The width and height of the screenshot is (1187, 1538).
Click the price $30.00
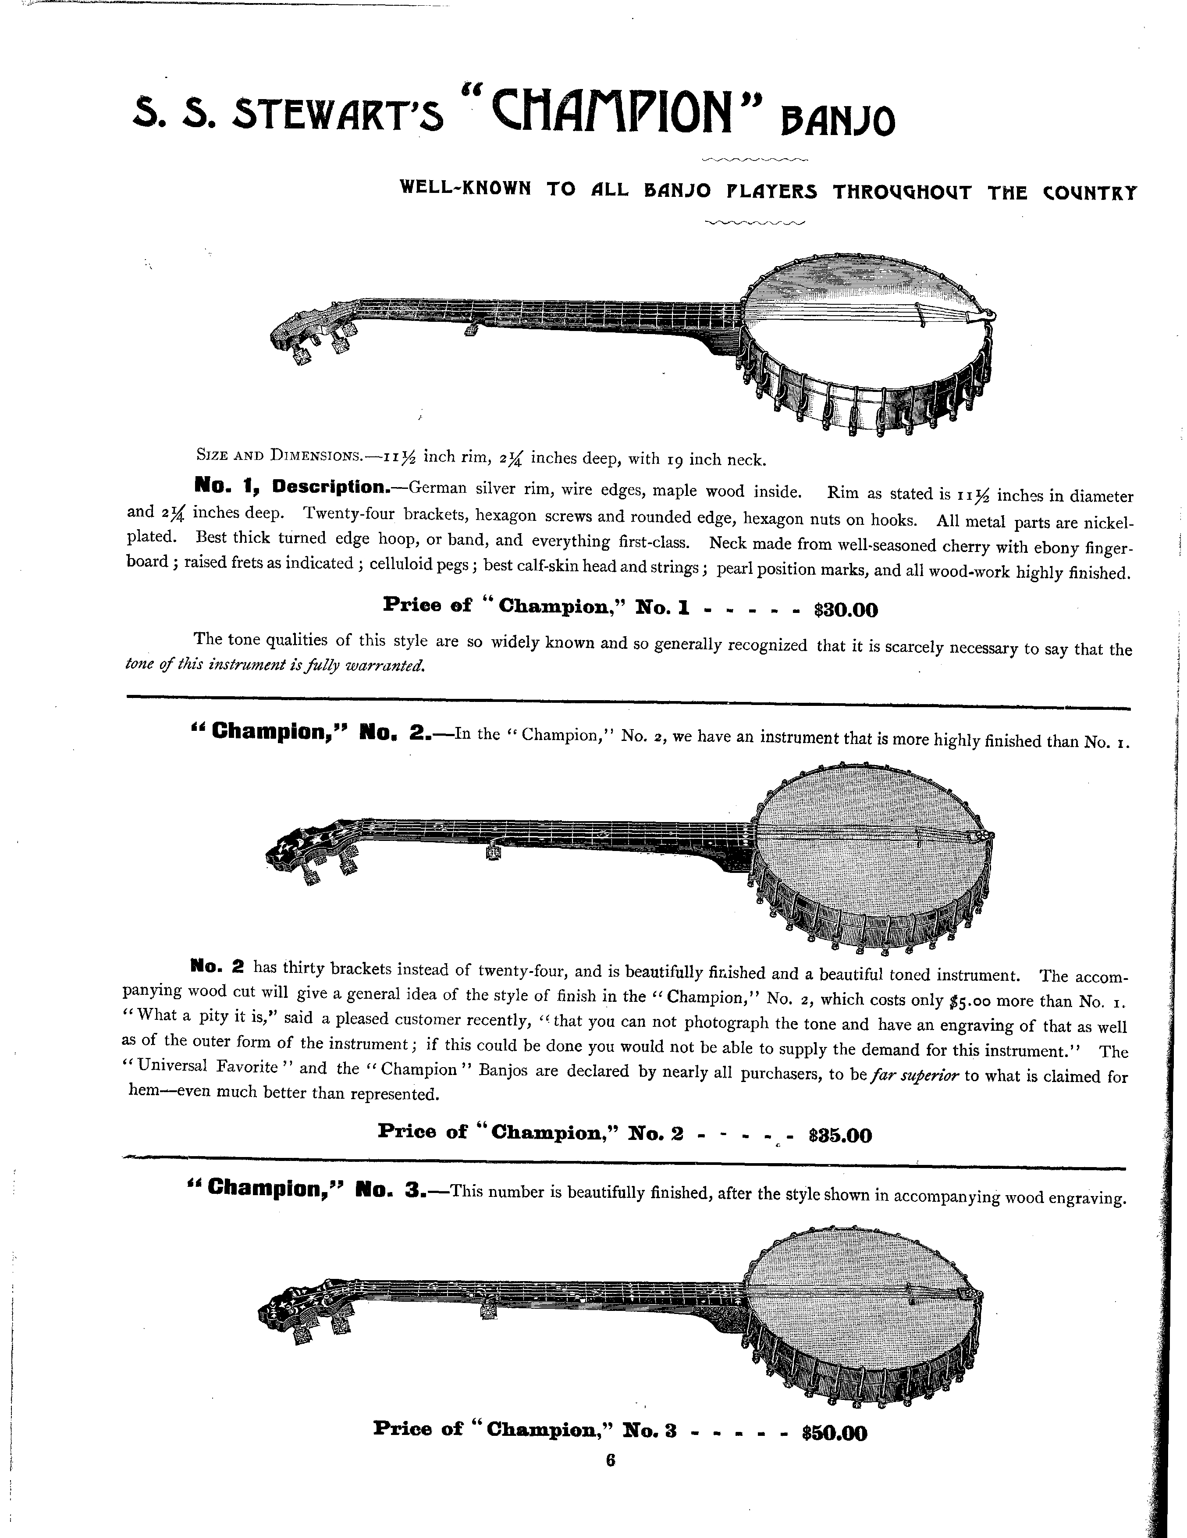846,610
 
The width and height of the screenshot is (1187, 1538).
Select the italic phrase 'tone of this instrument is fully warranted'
274,665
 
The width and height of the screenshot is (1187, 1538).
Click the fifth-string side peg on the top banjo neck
472,328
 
